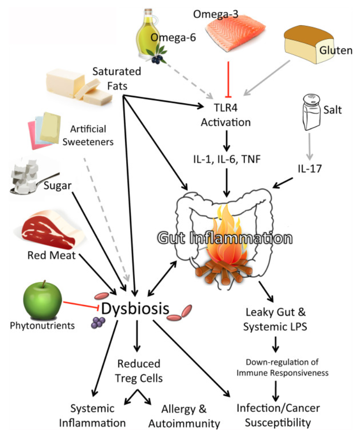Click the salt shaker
[x=311, y=112]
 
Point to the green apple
[x=43, y=300]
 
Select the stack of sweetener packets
[x=44, y=130]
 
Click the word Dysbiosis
[x=135, y=309]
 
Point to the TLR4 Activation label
[x=226, y=115]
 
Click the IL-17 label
[x=310, y=168]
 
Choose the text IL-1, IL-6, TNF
[x=227, y=159]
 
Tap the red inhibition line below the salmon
[x=228, y=79]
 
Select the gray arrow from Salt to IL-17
[x=310, y=146]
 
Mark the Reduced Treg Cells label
[x=139, y=371]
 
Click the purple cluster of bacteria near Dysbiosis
[x=98, y=323]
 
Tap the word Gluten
[x=336, y=50]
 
